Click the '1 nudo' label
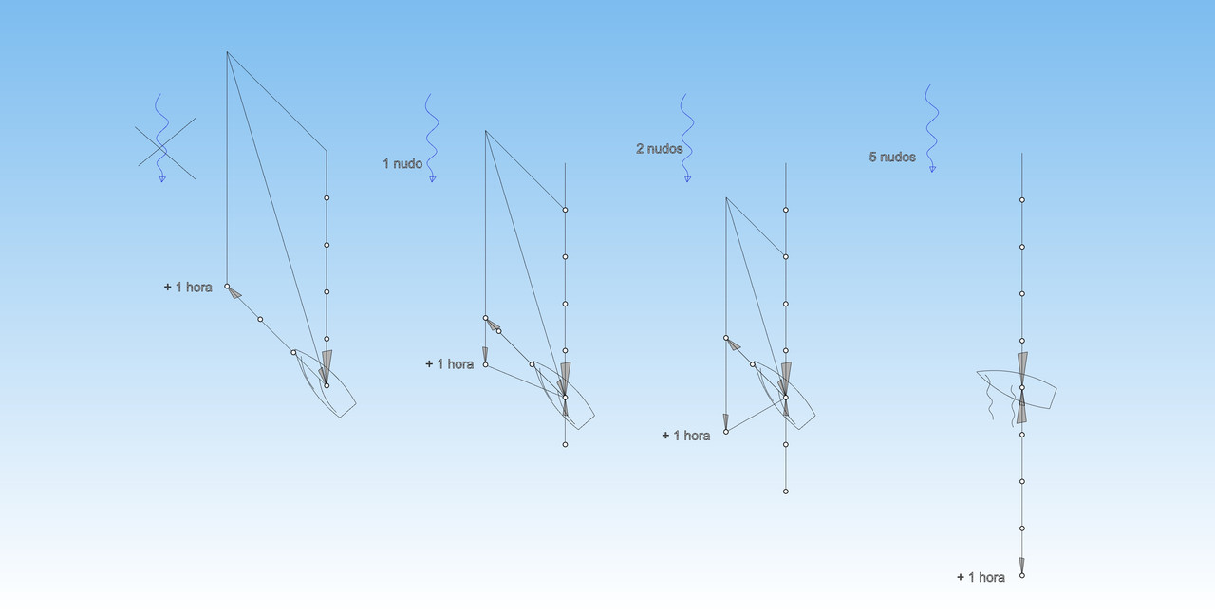tap(402, 164)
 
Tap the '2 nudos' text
tap(659, 149)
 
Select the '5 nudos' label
tap(892, 157)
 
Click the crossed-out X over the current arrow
tap(166, 148)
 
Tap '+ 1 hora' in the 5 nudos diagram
tap(981, 577)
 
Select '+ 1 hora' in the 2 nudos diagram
tap(685, 436)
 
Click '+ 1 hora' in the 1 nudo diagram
tap(449, 364)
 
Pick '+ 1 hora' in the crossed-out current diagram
tap(188, 287)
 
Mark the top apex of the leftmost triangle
tap(227, 52)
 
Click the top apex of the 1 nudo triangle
tap(485, 131)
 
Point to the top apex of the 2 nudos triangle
tap(726, 198)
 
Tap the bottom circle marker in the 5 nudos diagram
tap(1022, 575)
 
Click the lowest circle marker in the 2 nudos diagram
tap(786, 492)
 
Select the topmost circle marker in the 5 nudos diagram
tap(1022, 200)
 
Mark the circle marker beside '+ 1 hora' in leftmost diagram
tap(227, 286)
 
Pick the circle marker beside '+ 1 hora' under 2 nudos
tap(726, 432)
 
